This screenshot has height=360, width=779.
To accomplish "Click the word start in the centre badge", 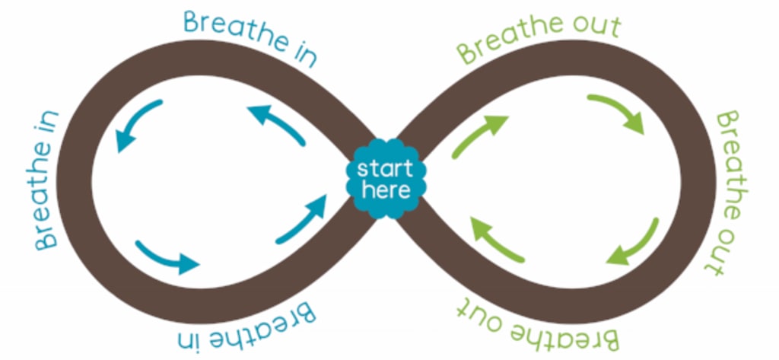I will coord(386,168).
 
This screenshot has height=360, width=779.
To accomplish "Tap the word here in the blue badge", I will coord(386,190).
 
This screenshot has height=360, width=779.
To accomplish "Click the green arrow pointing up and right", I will coord(479,135).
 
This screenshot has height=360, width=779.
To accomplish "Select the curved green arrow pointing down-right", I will coord(618,113).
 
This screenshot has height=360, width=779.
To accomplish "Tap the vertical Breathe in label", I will coord(48,180).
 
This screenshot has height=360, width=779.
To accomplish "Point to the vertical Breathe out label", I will coord(728,192).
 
